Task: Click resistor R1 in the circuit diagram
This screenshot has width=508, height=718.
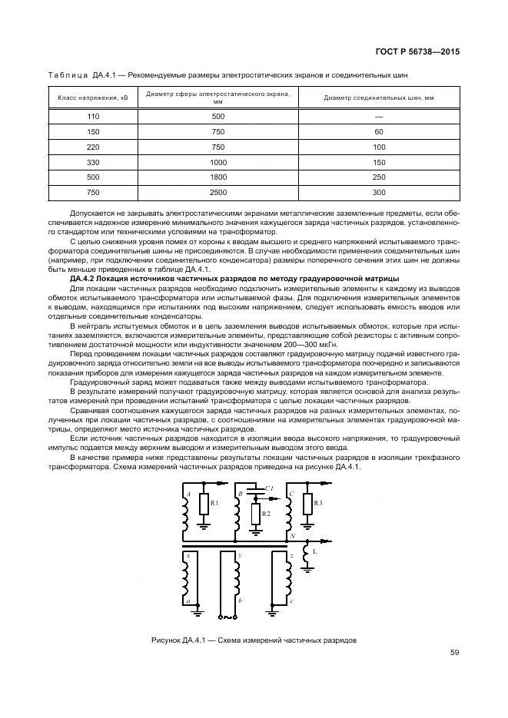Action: (x=204, y=504)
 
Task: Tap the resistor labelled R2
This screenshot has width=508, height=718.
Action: (x=257, y=512)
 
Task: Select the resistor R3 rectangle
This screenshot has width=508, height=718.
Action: (x=306, y=504)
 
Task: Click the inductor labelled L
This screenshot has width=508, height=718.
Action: (x=306, y=553)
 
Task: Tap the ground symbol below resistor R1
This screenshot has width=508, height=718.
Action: (x=204, y=527)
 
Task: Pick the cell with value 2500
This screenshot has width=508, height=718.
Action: (x=217, y=192)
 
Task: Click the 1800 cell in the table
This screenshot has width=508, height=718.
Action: (x=217, y=177)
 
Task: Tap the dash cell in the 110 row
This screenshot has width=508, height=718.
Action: (x=378, y=116)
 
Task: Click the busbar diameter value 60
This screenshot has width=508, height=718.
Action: (x=378, y=131)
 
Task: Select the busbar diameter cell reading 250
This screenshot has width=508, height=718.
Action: (x=378, y=177)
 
